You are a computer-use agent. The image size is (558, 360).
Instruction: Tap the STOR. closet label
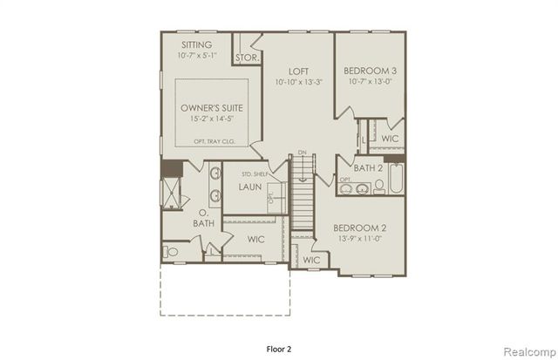coord(246,58)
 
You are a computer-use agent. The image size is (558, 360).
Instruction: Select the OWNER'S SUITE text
coord(212,107)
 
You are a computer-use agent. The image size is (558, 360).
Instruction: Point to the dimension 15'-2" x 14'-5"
coord(212,119)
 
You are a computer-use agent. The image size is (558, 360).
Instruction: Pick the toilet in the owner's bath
coord(172,252)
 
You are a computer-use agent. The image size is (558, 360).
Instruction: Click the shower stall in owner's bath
coord(170,192)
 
